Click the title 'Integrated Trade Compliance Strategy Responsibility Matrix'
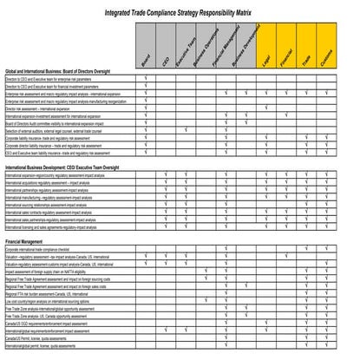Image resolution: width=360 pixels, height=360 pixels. pos(180,12)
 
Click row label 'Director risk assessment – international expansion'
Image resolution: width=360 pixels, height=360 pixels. pos(43,108)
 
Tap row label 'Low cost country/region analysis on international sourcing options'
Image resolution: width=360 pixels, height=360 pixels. pos(56,300)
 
